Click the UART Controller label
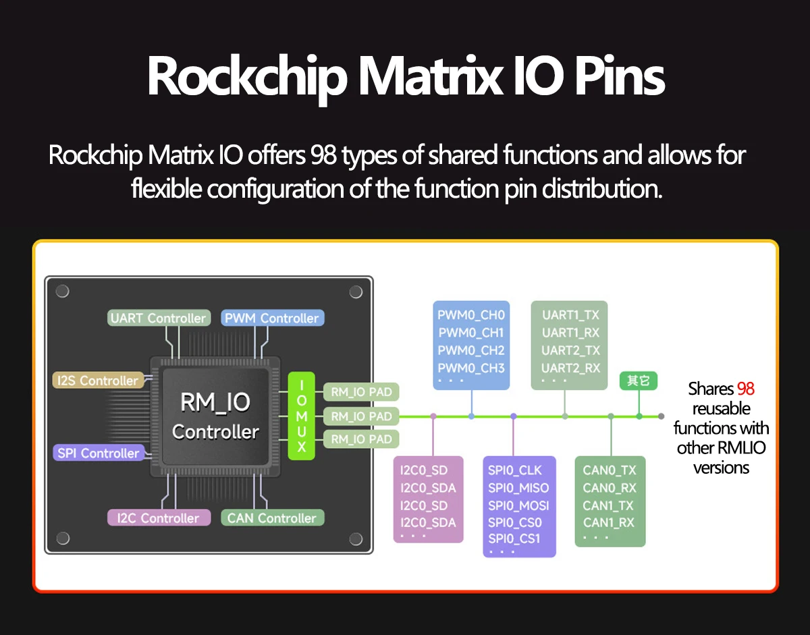[158, 318]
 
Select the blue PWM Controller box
[272, 318]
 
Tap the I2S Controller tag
[98, 381]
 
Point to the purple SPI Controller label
[99, 453]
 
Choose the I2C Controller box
[158, 518]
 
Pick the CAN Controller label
[272, 518]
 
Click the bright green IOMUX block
[302, 416]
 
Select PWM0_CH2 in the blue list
[470, 350]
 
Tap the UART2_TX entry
[570, 350]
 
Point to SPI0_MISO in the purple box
[518, 488]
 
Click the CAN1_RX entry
[609, 522]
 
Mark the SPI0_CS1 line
[514, 539]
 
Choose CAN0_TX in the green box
[609, 470]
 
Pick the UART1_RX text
[570, 333]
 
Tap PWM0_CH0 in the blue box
[470, 315]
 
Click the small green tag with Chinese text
[638, 381]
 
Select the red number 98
[745, 389]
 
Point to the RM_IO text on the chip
[215, 403]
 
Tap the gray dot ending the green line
[661, 416]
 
